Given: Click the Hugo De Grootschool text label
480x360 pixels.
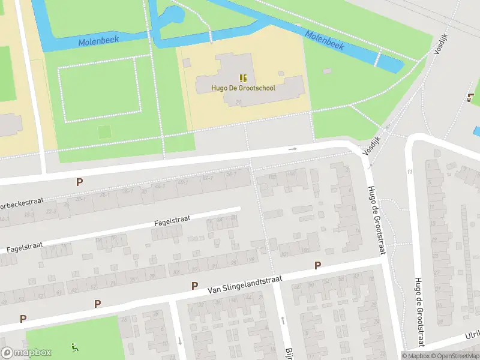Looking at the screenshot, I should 243,88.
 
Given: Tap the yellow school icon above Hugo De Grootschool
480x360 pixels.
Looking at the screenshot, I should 243,78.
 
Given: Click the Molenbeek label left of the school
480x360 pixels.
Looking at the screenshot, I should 98,40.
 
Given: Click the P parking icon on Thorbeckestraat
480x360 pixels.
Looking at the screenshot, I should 79,182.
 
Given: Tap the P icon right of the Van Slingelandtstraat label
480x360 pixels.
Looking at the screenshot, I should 317,265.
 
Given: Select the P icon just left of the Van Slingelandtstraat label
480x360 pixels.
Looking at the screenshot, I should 194,286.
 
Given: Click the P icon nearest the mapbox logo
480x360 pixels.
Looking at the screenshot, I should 23,319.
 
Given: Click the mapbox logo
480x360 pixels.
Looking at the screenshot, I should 26,353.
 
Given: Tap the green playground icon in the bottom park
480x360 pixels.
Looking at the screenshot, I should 74,346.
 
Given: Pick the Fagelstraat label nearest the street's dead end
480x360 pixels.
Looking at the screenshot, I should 172,221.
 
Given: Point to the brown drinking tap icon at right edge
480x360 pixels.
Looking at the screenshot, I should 470,98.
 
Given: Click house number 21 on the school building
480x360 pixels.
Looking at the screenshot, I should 238,103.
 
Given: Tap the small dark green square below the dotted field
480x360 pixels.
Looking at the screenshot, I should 104,131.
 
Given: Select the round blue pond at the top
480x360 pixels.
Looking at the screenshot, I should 170,14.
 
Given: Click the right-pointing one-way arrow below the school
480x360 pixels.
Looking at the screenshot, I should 293,149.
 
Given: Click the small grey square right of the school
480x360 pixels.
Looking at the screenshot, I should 326,71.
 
